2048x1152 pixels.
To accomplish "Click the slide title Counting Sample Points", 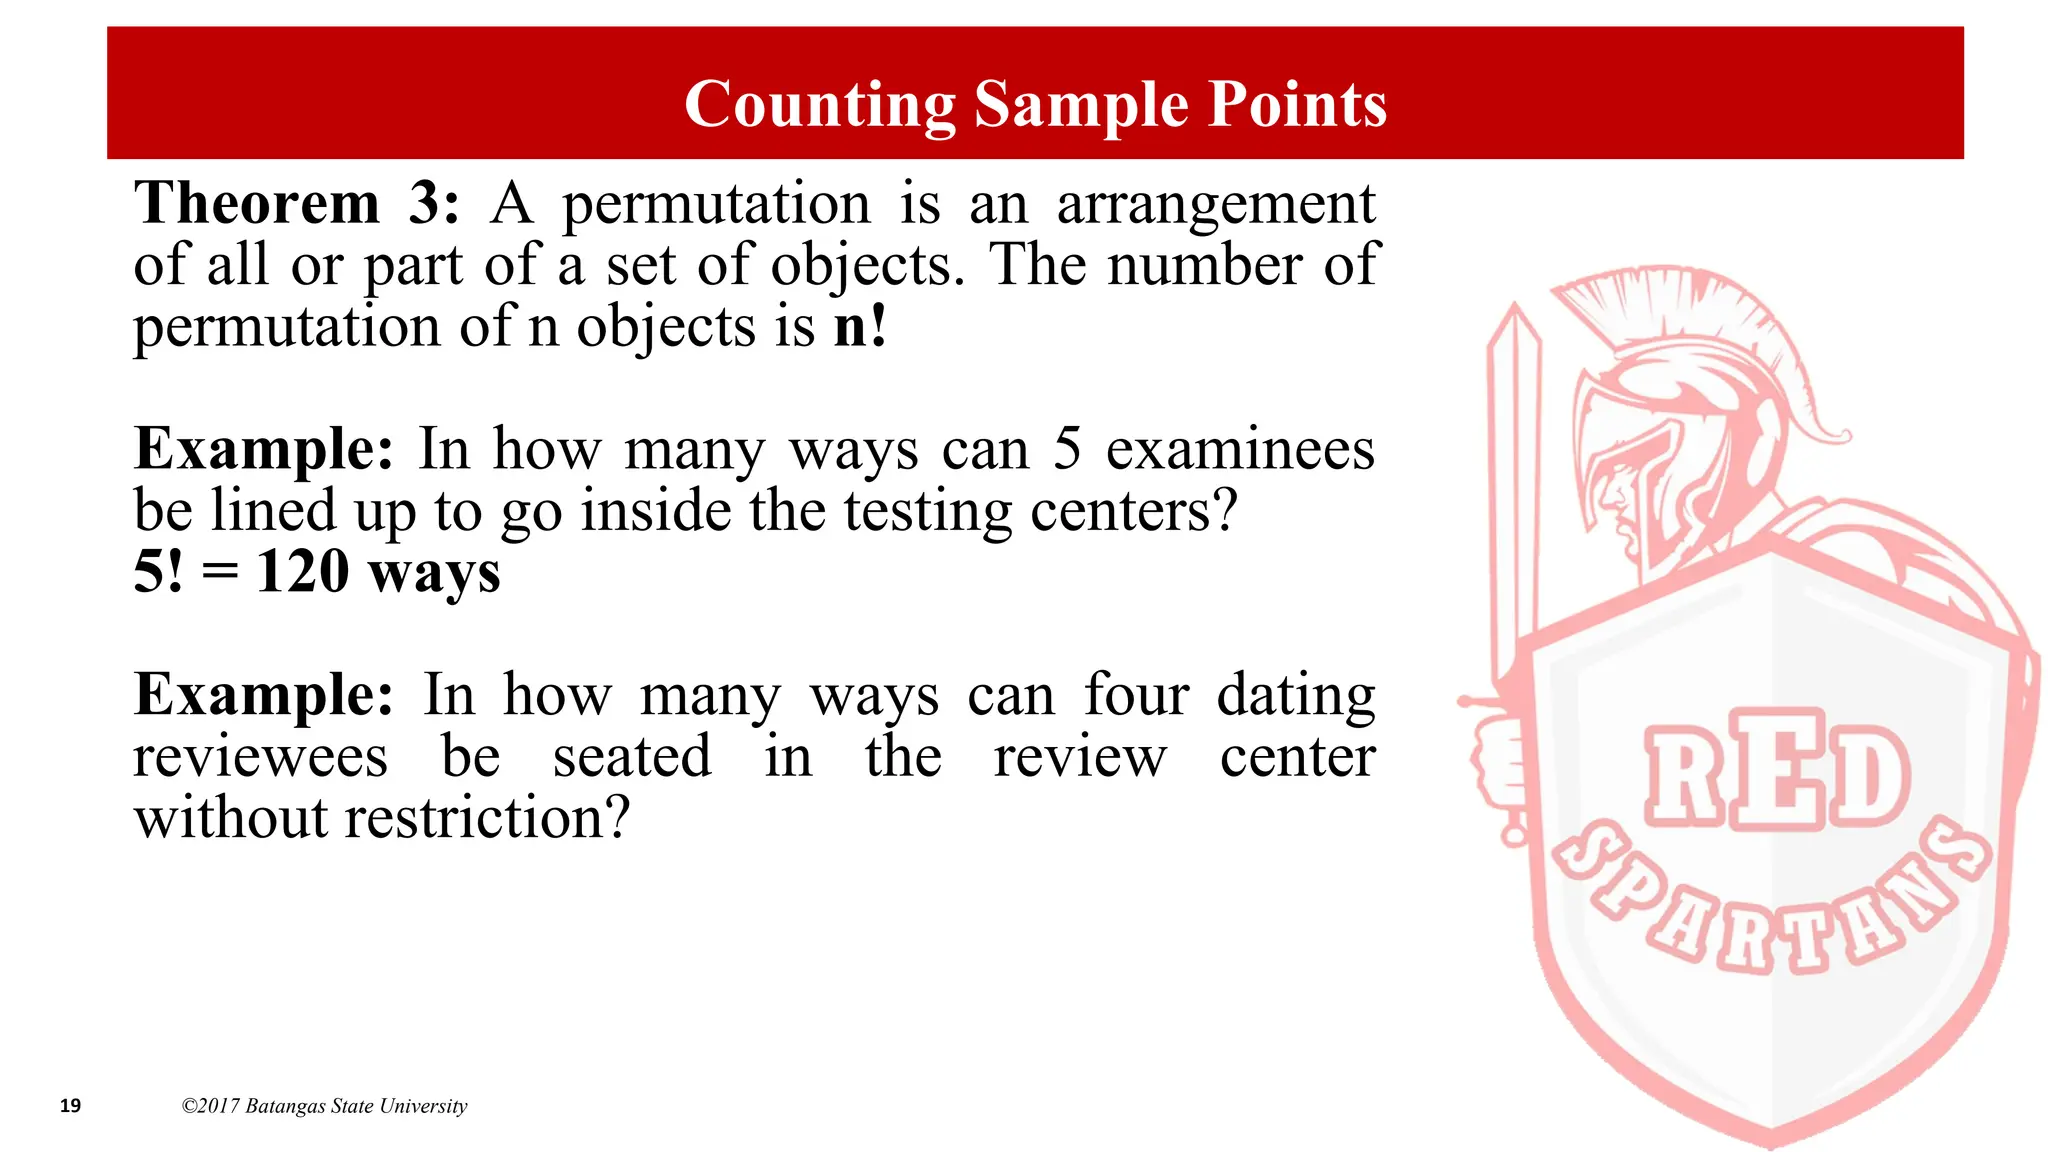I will (1035, 104).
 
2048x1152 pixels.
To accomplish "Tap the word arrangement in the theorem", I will (1216, 205).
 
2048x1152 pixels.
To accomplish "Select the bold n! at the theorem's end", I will (860, 327).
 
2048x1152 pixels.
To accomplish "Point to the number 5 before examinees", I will (1067, 449).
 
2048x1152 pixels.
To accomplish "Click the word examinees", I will (1240, 449).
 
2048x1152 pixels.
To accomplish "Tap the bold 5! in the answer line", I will (158, 572).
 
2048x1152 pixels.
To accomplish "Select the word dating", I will (1296, 696).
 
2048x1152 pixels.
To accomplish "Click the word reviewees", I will (260, 757).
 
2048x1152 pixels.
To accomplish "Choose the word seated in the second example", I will (632, 757).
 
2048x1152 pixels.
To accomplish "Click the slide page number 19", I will (70, 1105).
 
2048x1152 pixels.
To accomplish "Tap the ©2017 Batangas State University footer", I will (324, 1106).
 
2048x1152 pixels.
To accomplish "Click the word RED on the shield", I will (1777, 771).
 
